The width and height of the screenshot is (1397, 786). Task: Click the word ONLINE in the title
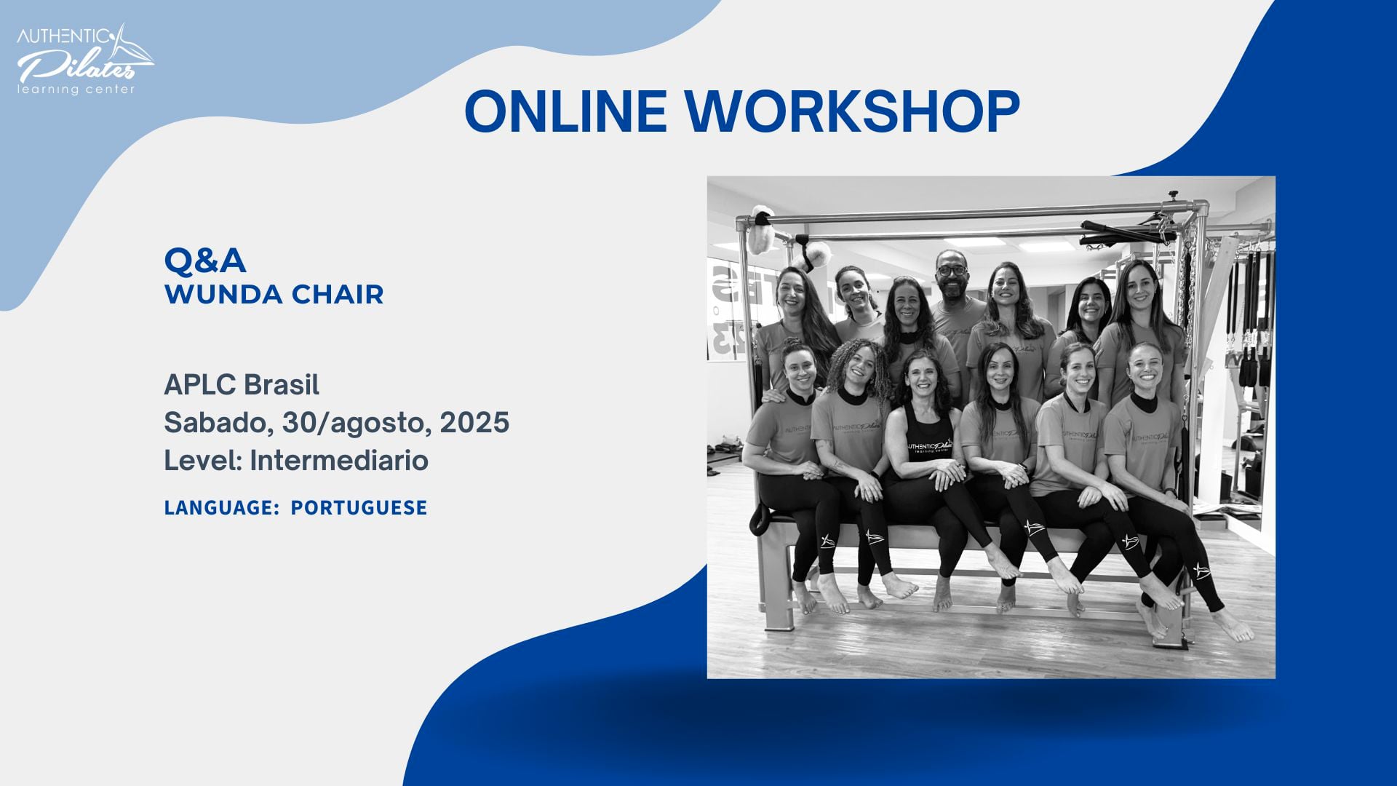566,111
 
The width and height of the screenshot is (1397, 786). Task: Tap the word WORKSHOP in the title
852,111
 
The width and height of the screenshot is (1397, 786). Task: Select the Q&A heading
205,260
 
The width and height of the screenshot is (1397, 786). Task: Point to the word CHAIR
338,295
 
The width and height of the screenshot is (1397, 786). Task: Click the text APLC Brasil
242,384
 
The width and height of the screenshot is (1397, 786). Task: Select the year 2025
474,423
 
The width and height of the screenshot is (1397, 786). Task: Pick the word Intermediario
339,461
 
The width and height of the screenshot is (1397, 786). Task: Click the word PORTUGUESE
359,507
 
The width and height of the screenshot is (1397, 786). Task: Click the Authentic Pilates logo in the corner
84,58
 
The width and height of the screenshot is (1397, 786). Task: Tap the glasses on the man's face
952,270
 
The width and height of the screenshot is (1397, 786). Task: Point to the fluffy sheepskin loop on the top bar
761,229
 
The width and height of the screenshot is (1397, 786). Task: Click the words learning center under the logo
76,90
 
